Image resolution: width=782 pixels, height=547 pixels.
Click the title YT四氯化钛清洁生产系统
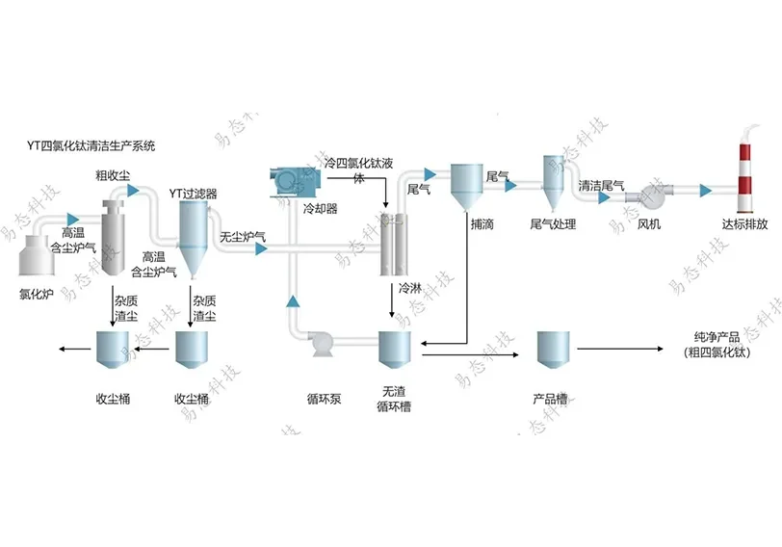pos(91,146)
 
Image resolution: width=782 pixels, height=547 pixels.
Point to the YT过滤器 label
pos(193,193)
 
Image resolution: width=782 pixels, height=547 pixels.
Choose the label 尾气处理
pos(553,224)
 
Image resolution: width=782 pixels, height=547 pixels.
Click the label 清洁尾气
pos(601,183)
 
